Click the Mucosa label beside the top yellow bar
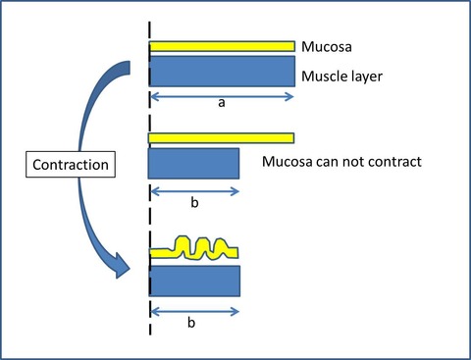click(x=327, y=47)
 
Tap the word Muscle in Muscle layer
click(x=323, y=77)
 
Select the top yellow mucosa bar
click(x=222, y=46)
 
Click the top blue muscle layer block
click(x=223, y=72)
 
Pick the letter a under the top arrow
click(x=222, y=103)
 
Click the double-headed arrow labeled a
click(x=222, y=97)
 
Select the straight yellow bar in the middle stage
click(x=221, y=138)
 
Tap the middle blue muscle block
click(x=193, y=164)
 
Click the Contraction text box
click(x=71, y=165)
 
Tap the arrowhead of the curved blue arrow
click(x=122, y=266)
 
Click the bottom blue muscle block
click(x=195, y=281)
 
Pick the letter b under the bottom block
click(x=191, y=323)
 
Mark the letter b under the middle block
click(x=194, y=202)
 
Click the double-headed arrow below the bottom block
click(x=195, y=312)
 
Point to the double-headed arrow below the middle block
click(x=195, y=191)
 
